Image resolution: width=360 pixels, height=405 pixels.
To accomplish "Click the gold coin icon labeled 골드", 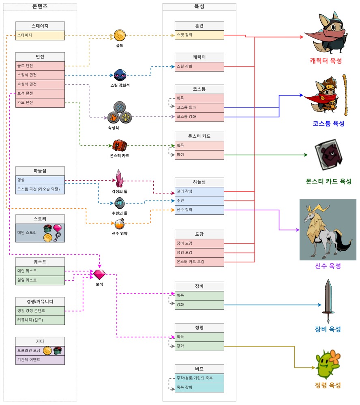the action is tap(120, 35).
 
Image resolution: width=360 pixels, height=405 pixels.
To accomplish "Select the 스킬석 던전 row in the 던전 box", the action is tap(40, 75).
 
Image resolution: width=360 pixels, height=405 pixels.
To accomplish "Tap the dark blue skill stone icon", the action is tap(120, 75).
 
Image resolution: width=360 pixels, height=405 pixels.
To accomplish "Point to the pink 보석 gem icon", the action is tap(99, 274).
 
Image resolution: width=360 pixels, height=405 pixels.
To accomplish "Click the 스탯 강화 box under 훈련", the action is tap(199, 35).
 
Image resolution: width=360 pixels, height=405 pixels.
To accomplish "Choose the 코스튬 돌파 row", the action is tap(199, 107).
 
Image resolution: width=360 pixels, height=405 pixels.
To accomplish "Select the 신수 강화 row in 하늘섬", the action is tap(199, 210).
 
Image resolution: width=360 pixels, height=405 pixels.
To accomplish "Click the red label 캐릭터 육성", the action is tap(326, 61).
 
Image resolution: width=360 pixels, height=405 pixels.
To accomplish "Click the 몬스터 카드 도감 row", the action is tap(199, 262).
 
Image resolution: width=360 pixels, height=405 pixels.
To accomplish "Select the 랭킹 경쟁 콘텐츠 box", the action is tap(40, 311).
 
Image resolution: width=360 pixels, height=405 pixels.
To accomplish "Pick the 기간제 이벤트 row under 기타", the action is tap(40, 360).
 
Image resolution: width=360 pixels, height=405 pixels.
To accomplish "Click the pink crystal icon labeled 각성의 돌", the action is tap(119, 179).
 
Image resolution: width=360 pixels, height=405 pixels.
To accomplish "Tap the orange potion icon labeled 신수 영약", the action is tap(120, 224).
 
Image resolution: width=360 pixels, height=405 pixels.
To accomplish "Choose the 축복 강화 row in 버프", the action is tap(199, 388).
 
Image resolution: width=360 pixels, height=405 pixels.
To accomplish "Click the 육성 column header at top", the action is tap(199, 7).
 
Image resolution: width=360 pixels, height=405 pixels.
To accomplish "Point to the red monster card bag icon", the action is tap(120, 146).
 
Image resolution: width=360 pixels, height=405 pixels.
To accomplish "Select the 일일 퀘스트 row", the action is tap(40, 280).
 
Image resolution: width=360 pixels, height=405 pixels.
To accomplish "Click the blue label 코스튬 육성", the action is tap(328, 124).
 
